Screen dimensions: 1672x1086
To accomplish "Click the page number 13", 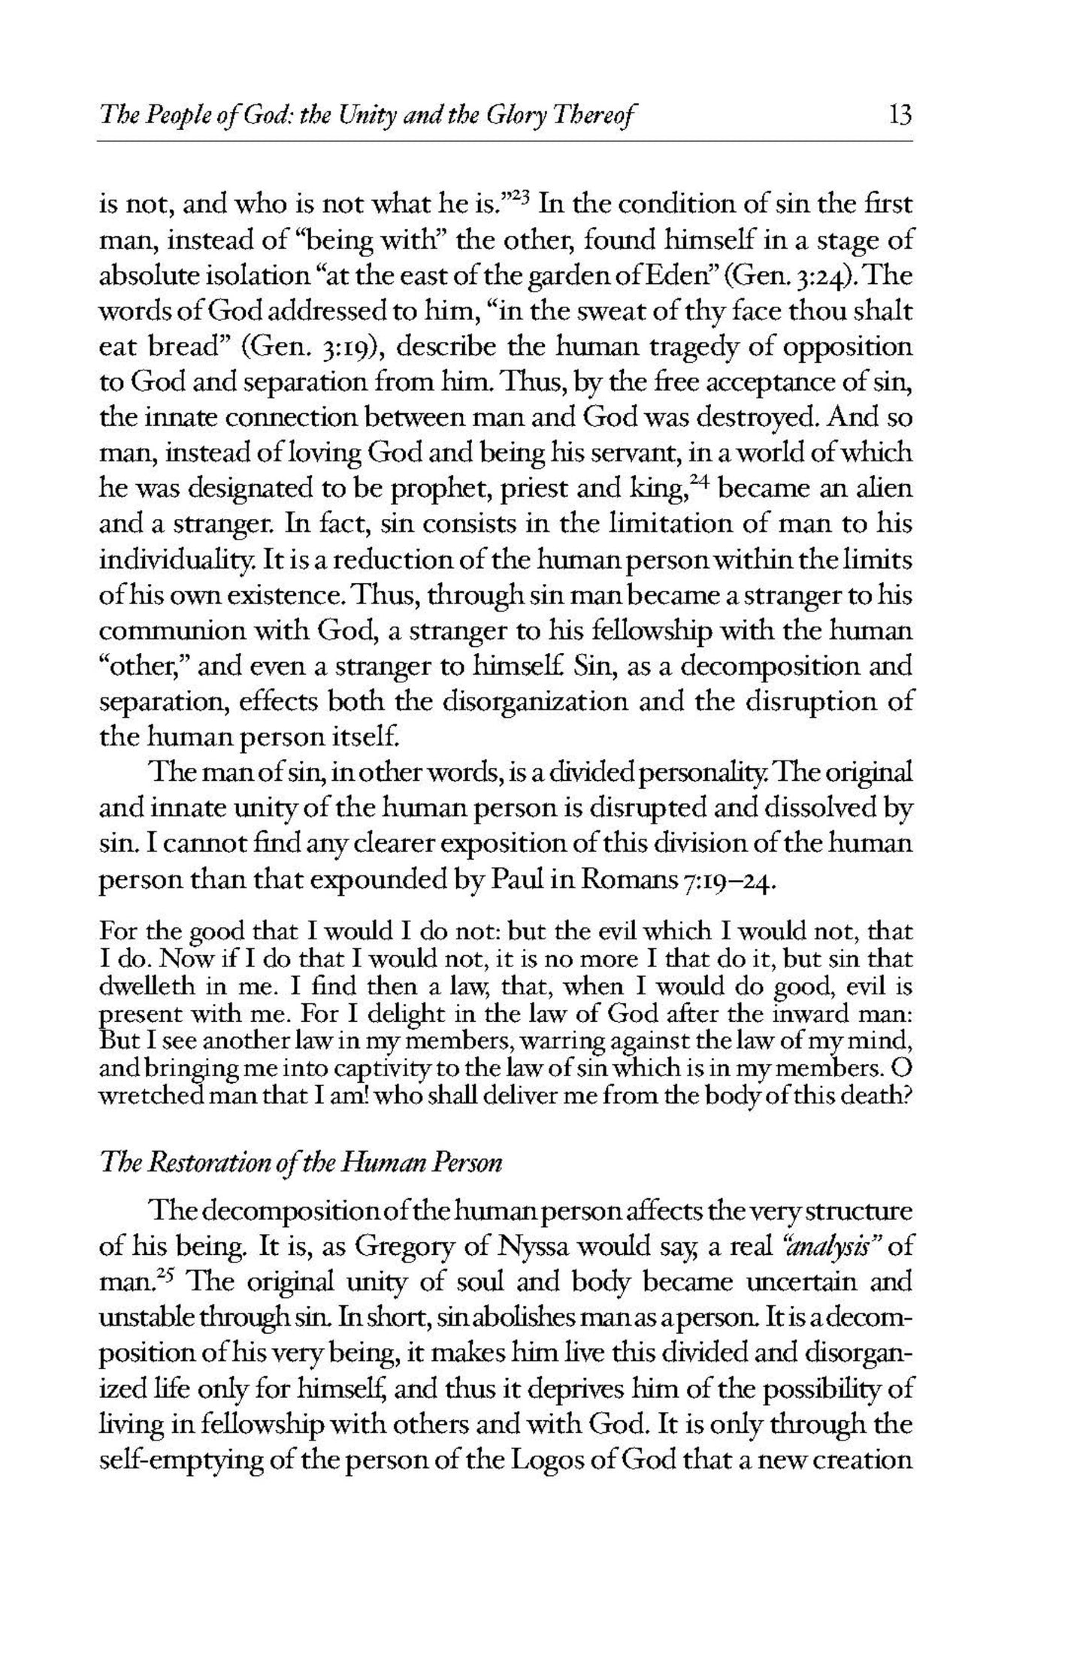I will pos(899,115).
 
